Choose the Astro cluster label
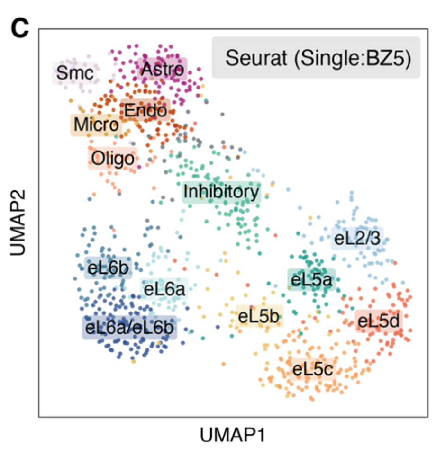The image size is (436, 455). click(x=163, y=70)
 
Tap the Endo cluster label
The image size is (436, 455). click(x=145, y=111)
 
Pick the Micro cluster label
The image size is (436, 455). click(x=96, y=125)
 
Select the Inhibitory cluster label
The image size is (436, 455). click(x=222, y=192)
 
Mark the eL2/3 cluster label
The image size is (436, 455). click(x=357, y=239)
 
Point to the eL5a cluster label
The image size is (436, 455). click(x=311, y=279)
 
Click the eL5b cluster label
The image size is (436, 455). click(x=259, y=316)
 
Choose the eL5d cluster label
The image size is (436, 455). click(x=378, y=321)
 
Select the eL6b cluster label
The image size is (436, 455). click(x=108, y=268)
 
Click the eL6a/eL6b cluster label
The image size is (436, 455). click(x=129, y=327)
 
